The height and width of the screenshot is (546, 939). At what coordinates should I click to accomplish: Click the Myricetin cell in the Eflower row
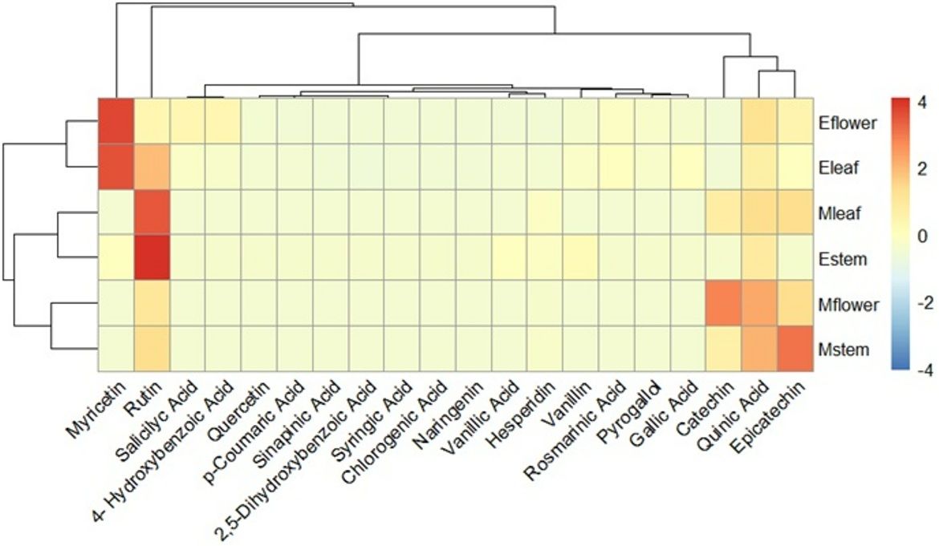coord(116,121)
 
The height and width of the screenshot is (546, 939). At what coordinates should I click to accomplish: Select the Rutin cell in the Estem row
coord(152,258)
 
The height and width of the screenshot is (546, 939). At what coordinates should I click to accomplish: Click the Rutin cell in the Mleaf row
coord(152,212)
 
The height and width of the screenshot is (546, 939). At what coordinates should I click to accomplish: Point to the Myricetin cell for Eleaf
coord(116,167)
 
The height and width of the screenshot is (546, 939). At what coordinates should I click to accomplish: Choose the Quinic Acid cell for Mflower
coord(760,304)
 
